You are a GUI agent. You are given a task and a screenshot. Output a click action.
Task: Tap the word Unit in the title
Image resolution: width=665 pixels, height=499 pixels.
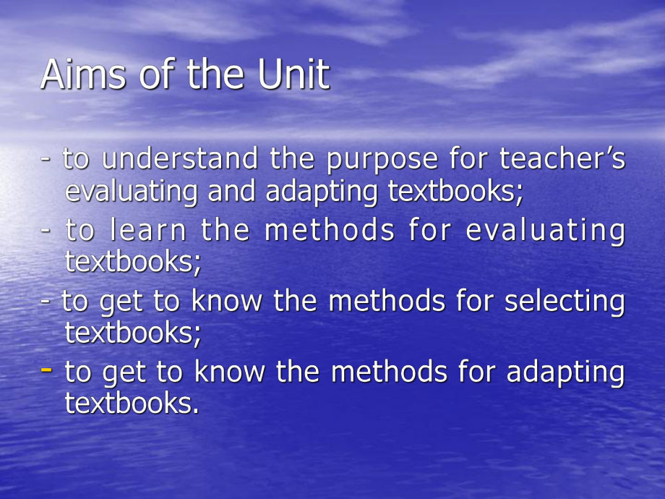click(x=293, y=74)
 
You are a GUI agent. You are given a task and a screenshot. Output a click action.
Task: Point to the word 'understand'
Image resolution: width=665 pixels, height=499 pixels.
click(x=180, y=158)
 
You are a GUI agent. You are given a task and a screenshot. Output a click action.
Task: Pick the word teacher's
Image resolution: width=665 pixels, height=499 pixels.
click(x=564, y=158)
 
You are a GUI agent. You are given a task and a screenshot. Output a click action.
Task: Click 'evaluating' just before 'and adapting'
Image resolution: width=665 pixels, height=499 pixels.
click(x=132, y=192)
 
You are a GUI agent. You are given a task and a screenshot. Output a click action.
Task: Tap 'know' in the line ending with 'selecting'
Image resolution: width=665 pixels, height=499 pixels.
click(x=226, y=301)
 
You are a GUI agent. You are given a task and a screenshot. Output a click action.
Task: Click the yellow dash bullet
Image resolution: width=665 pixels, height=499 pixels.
click(x=47, y=370)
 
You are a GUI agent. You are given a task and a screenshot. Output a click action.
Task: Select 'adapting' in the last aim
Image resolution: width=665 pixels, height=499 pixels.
click(x=565, y=372)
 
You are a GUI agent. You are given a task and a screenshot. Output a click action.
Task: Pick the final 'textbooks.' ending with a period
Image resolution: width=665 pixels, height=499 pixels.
click(x=132, y=403)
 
